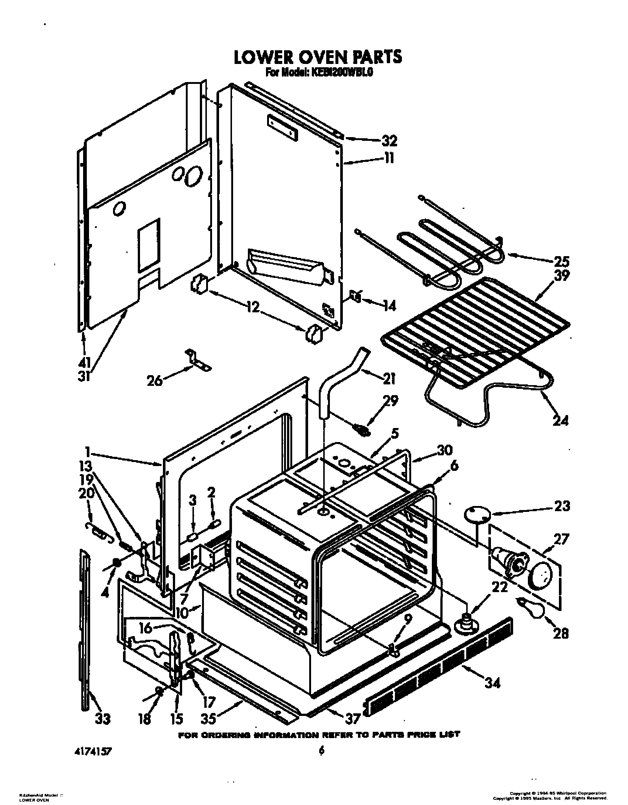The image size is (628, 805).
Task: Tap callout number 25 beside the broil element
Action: point(561,261)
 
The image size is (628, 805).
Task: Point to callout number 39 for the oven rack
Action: point(561,276)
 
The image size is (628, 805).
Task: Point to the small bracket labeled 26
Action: point(198,360)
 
